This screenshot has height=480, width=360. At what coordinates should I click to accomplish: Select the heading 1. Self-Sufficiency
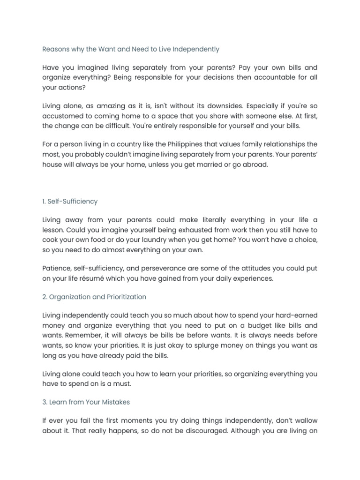click(70, 202)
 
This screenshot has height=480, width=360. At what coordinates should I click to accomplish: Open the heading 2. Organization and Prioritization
click(94, 297)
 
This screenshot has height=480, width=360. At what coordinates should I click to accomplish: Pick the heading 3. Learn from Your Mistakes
click(86, 402)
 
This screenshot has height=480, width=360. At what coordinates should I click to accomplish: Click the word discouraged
click(195, 430)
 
